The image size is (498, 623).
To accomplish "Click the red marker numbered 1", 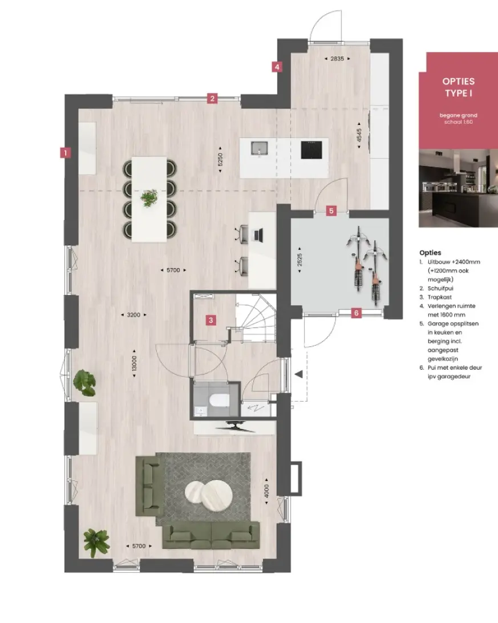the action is click(66, 152).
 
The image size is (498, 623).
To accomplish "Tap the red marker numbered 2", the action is click(212, 98).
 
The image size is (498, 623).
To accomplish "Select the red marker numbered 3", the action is click(211, 320).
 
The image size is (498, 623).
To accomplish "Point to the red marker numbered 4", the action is click(277, 67).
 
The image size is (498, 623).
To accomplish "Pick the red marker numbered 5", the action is click(331, 211).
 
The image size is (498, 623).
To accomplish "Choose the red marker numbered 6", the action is click(356, 313).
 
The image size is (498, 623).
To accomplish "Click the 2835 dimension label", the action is click(337, 58).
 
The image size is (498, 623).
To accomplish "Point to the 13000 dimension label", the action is click(134, 363).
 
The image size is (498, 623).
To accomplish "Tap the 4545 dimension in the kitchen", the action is click(359, 135).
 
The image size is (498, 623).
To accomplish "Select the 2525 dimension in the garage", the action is click(299, 260).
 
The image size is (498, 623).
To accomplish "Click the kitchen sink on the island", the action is click(260, 148).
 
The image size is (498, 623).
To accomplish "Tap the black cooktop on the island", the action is click(311, 150).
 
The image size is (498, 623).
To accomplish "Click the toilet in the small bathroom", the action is click(218, 400).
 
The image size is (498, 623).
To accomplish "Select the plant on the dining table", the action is click(149, 198).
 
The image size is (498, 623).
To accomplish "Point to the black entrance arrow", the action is click(299, 374).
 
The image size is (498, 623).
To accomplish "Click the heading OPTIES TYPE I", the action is click(459, 87).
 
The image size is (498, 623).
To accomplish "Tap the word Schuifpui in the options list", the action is click(440, 289).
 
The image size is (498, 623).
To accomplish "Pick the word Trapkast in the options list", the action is click(440, 297).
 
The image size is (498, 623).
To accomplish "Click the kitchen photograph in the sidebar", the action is click(458, 188).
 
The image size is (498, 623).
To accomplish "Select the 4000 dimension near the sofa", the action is click(266, 491).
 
